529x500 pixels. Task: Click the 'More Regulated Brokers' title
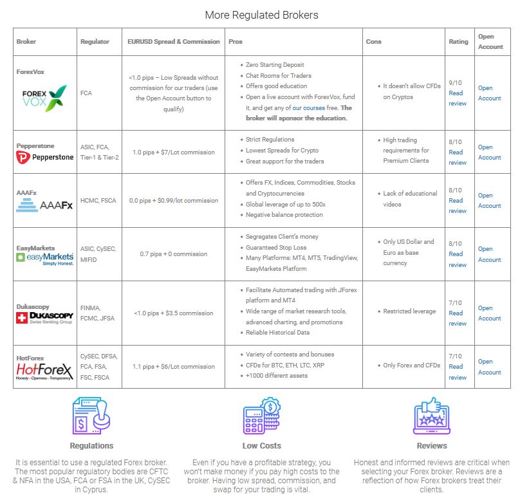point(261,15)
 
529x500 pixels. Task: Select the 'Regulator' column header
point(95,42)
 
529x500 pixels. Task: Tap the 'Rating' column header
point(458,42)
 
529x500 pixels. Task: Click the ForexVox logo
point(44,98)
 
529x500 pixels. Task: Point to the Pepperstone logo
point(45,157)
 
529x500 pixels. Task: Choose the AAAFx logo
point(44,206)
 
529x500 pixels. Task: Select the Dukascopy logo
point(44,318)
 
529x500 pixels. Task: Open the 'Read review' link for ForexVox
point(456,98)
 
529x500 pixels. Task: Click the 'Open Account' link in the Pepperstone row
point(489,152)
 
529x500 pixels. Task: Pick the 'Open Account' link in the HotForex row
point(489,367)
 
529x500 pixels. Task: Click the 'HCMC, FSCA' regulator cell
point(98,200)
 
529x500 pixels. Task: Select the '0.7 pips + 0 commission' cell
point(174,254)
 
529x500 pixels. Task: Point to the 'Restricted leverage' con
point(409,311)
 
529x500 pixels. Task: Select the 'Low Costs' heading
point(261,445)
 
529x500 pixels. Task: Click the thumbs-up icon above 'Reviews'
point(431,415)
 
